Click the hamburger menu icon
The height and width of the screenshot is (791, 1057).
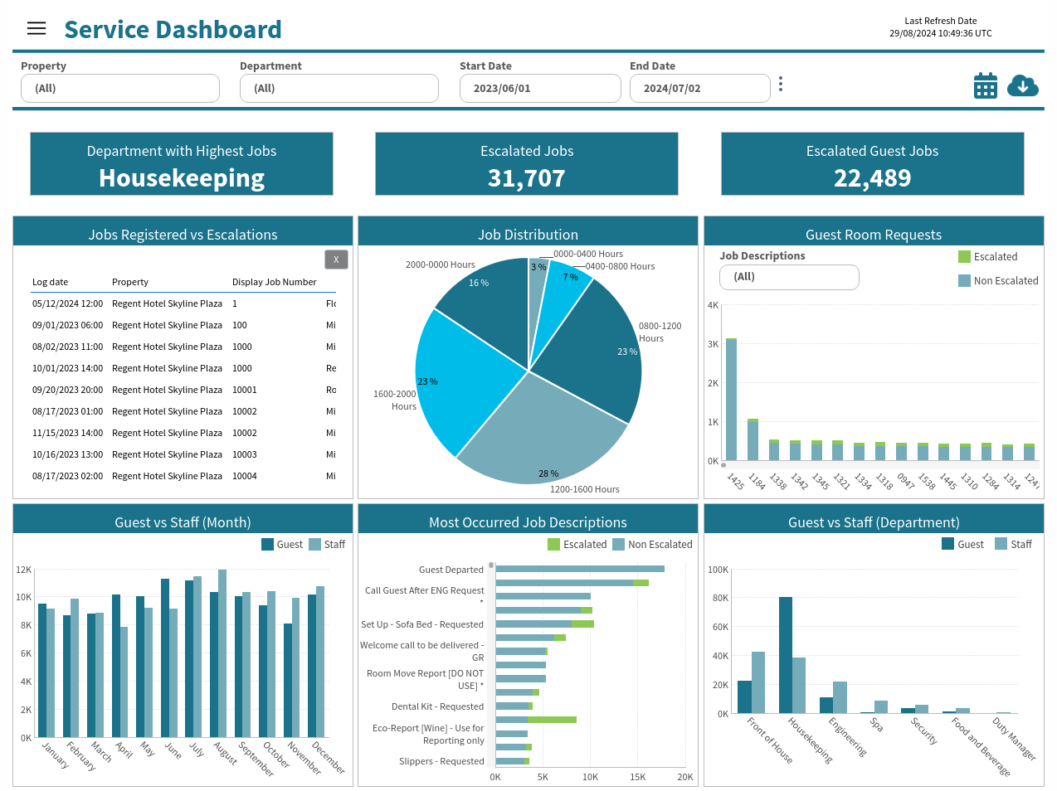tap(37, 28)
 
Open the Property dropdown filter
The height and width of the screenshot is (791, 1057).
tap(120, 88)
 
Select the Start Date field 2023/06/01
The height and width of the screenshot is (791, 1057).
tap(540, 88)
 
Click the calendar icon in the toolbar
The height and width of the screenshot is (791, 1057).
tap(986, 85)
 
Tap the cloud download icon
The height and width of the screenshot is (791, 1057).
tap(1022, 85)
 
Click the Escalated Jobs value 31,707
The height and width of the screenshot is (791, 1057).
tap(526, 178)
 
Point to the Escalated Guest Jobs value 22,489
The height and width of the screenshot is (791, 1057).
tap(872, 178)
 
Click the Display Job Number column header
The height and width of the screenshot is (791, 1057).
tap(274, 282)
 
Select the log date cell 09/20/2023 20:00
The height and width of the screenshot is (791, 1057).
tap(67, 390)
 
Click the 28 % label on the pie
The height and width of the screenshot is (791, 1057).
tap(548, 473)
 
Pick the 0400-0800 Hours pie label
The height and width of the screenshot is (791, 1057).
tap(620, 266)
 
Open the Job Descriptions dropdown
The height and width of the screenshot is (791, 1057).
tap(789, 277)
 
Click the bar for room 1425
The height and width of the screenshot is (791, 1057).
tap(731, 400)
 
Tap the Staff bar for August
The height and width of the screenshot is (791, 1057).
tap(222, 653)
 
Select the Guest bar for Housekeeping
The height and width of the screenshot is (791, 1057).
tap(785, 655)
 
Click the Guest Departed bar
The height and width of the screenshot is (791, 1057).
tap(580, 569)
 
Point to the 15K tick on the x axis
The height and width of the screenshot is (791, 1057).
tap(637, 777)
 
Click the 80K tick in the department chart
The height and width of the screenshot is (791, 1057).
tap(720, 598)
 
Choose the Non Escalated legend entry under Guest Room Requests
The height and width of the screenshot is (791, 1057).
tap(998, 280)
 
